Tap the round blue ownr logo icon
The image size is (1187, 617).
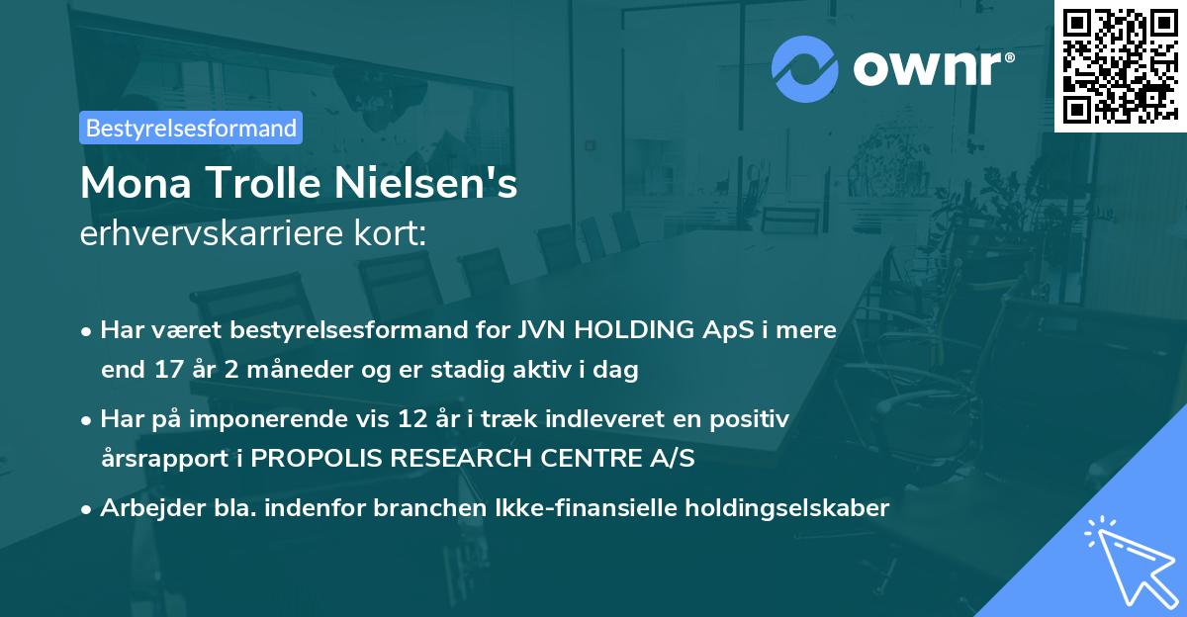[x=805, y=68]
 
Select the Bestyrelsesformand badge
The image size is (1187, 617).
[x=191, y=128]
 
